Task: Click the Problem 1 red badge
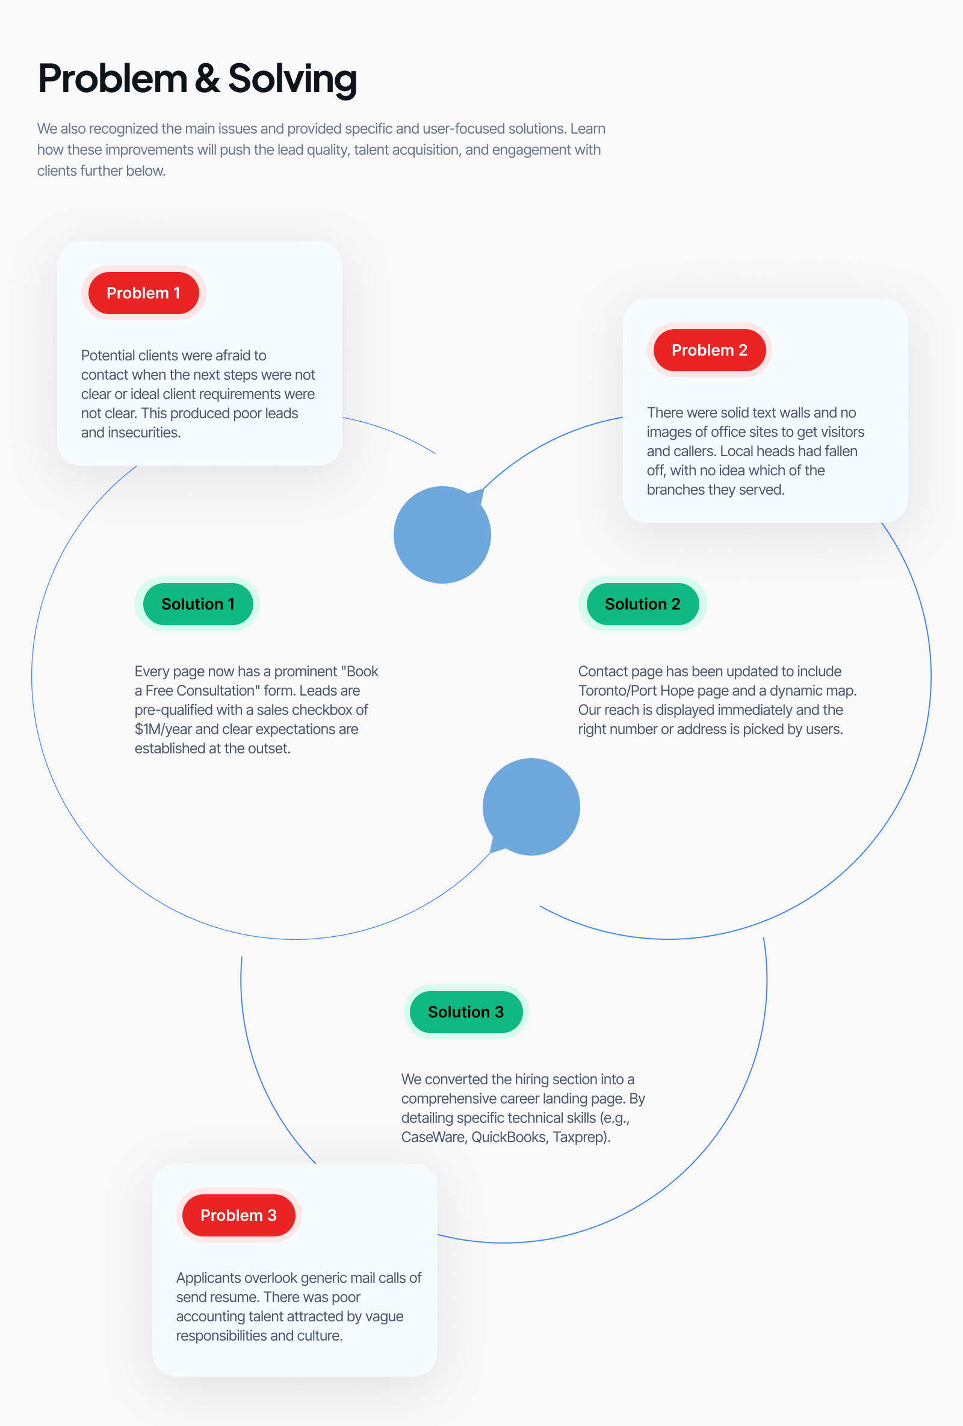143,292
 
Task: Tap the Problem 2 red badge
709,350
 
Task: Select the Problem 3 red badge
238,1215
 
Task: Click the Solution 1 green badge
197,603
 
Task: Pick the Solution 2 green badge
642,603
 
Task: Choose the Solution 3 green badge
466,1012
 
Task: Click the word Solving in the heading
292,79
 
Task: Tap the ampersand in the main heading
208,79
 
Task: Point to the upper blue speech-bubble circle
442,534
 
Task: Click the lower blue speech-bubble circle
531,807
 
